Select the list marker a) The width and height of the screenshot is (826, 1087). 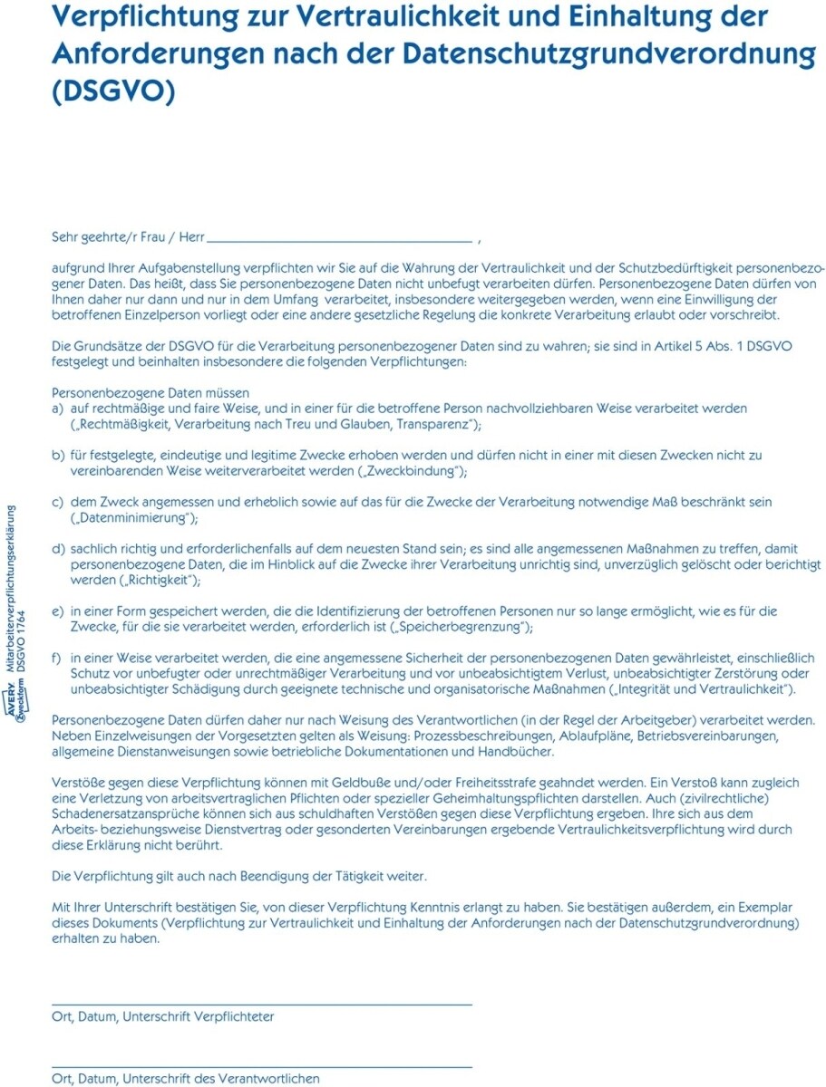point(58,409)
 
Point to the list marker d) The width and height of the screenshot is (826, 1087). point(58,549)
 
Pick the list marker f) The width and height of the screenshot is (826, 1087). point(57,658)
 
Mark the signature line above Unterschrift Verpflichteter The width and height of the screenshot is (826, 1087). point(262,1004)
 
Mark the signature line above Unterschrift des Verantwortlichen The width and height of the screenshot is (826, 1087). point(262,1067)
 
